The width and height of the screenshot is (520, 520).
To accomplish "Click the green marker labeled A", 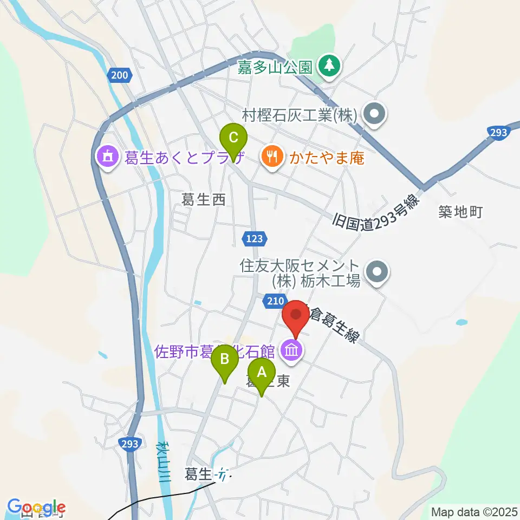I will (261, 374).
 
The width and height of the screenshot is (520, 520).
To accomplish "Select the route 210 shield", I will (274, 300).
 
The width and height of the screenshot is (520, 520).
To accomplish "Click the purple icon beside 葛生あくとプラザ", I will (107, 158).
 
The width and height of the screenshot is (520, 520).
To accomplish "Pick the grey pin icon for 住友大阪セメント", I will (377, 272).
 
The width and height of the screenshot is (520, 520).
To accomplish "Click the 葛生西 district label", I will (203, 200).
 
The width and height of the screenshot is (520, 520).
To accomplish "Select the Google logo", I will (36, 508).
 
